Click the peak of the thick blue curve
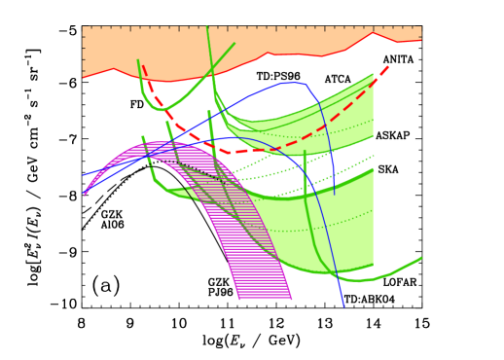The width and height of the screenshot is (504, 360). click(290, 83)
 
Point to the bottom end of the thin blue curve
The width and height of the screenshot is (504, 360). click(343, 306)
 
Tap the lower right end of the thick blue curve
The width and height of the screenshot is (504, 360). click(335, 194)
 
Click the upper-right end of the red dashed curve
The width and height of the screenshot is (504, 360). click(388, 66)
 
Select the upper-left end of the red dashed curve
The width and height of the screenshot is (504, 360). click(143, 66)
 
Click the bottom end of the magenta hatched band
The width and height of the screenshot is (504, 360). click(265, 298)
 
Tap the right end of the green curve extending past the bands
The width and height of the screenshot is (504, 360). click(421, 258)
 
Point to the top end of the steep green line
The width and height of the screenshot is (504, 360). click(207, 28)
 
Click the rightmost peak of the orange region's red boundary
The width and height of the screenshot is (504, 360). click(373, 33)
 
